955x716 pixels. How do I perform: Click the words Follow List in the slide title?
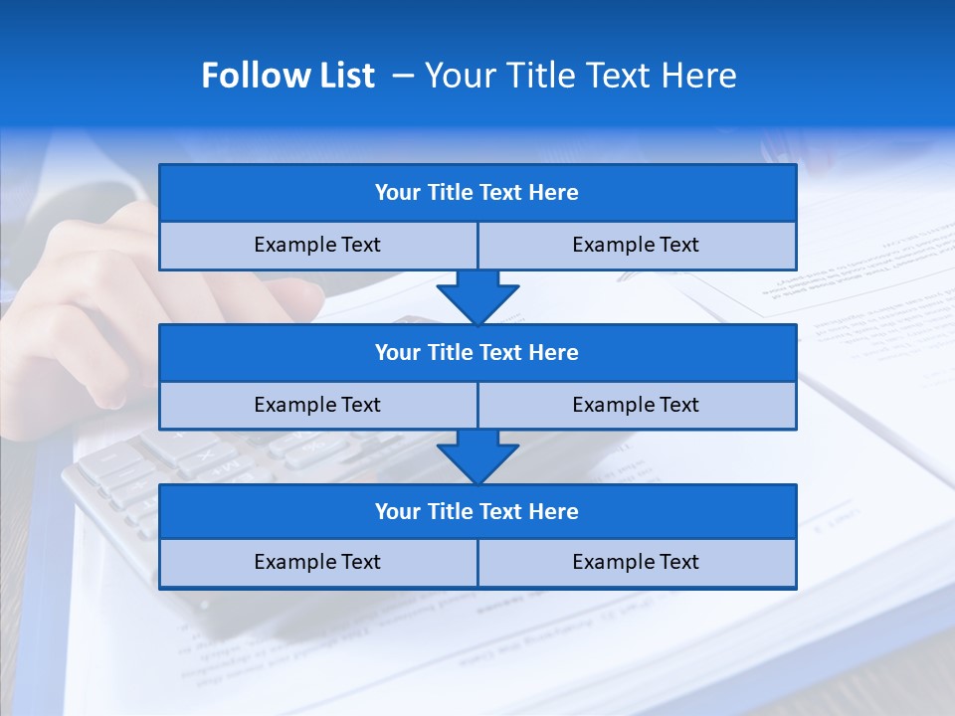pos(287,76)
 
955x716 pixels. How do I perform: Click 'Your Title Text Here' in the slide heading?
pos(580,76)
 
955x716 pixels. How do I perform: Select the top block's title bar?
pos(477,193)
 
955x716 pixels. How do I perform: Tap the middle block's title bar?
pos(477,352)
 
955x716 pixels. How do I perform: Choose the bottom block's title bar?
pos(477,511)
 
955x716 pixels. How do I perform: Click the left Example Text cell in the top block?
pos(317,245)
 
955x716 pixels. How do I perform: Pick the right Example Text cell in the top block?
pos(636,245)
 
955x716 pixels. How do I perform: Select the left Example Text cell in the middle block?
pos(317,405)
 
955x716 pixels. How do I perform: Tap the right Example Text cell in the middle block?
pos(636,405)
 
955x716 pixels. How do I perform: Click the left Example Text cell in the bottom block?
pos(317,562)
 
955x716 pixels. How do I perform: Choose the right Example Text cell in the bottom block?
pos(636,562)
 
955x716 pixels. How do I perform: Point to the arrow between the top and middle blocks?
pos(477,297)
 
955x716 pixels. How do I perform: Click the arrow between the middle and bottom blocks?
pos(477,456)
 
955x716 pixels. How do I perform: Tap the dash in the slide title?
pos(403,76)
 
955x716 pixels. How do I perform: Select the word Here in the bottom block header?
pos(553,511)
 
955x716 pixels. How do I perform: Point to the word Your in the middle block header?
pos(397,352)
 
